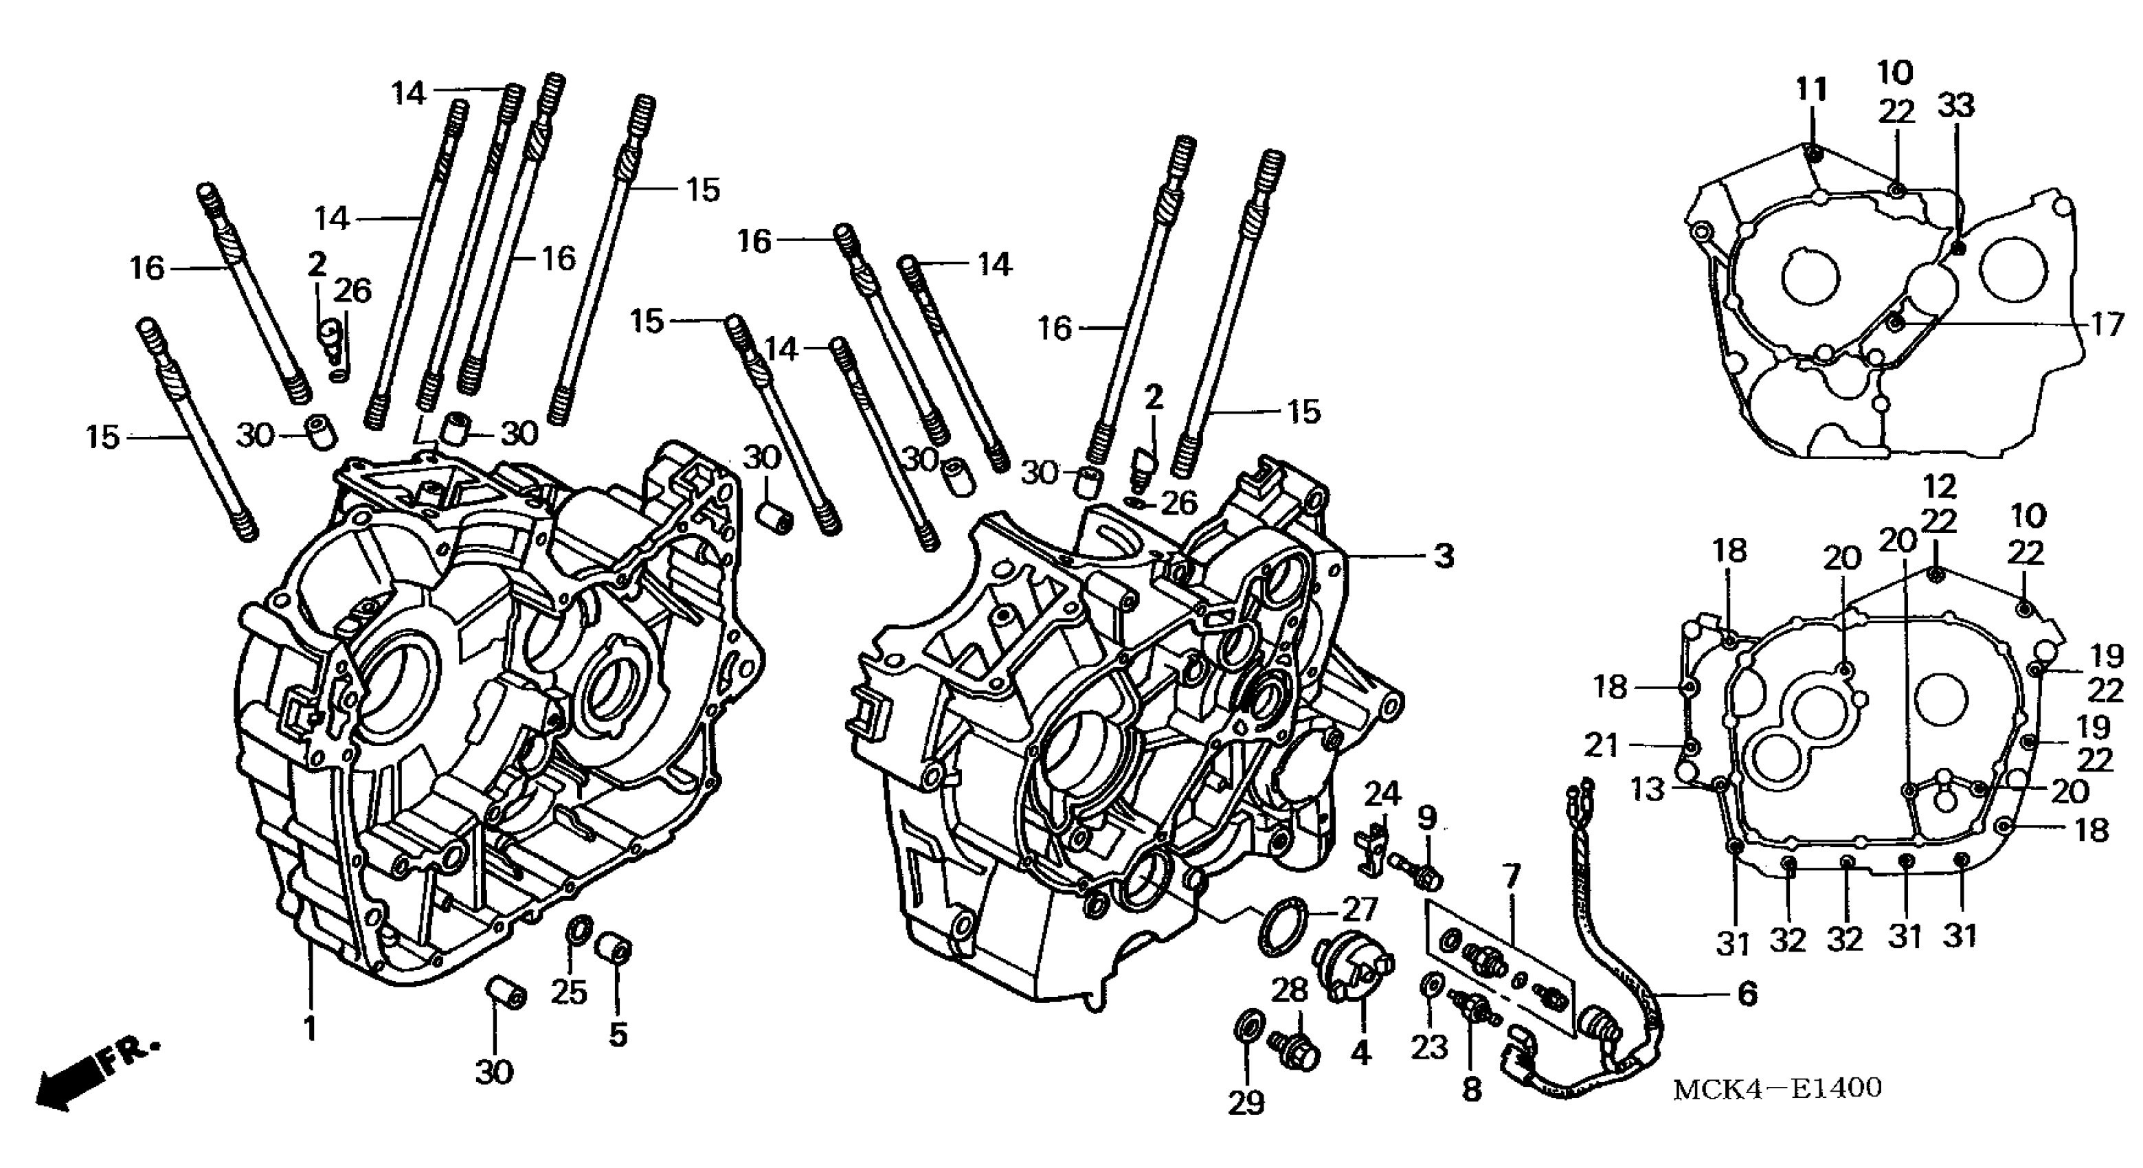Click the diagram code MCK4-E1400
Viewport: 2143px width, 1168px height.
click(x=1777, y=1088)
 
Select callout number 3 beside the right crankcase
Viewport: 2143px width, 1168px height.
click(x=1444, y=556)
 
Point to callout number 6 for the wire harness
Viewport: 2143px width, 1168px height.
click(x=1748, y=993)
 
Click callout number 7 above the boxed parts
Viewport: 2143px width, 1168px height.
click(x=1511, y=875)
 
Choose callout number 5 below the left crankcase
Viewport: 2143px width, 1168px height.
click(x=617, y=1034)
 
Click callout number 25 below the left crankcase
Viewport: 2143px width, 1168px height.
click(x=569, y=993)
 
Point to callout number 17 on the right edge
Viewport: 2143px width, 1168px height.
click(x=2108, y=324)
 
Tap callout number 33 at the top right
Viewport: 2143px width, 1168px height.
click(x=1956, y=106)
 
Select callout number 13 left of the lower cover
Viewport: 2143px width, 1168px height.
click(x=1647, y=789)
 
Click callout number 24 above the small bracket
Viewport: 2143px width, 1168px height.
click(x=1381, y=794)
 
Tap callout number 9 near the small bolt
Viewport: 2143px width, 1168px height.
click(x=1427, y=818)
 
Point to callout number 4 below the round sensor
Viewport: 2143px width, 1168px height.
click(x=1359, y=1054)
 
